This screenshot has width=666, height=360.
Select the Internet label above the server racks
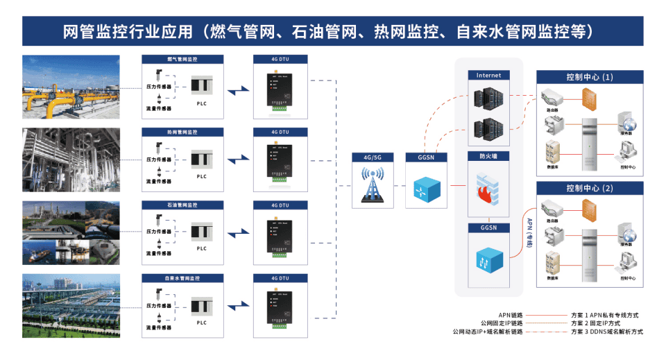488,75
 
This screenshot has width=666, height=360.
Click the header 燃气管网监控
182,60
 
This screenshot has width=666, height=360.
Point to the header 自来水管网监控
182,278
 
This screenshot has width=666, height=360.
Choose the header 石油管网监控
182,205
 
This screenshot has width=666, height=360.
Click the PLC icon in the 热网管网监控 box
202,160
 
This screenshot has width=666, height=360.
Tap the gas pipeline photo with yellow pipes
71,85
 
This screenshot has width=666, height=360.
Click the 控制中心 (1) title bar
590,76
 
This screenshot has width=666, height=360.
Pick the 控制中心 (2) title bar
590,188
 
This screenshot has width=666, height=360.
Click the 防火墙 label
488,156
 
